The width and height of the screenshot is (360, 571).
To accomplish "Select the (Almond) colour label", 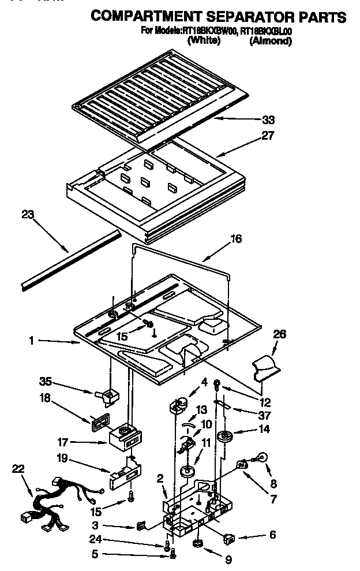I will click(270, 41).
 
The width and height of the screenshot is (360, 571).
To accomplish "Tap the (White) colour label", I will click(204, 41).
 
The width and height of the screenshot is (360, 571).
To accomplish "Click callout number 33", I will click(268, 120).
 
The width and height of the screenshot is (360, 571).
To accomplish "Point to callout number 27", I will click(268, 136).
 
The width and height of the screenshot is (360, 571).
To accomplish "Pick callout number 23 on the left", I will click(28, 215).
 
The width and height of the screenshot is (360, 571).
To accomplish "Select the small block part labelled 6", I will click(228, 539).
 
